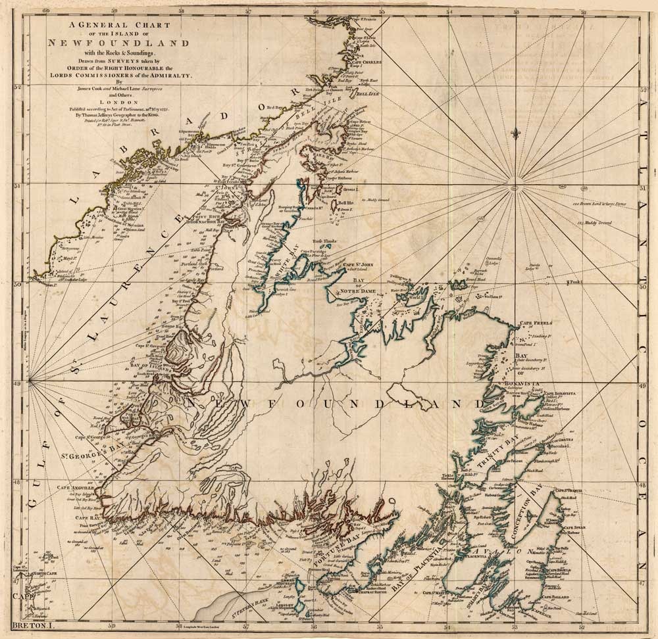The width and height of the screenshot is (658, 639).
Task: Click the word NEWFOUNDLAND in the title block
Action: pos(118,43)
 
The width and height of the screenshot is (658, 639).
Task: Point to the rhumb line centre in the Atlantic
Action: pos(513,189)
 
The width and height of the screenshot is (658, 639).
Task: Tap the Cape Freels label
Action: pos(536,323)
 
